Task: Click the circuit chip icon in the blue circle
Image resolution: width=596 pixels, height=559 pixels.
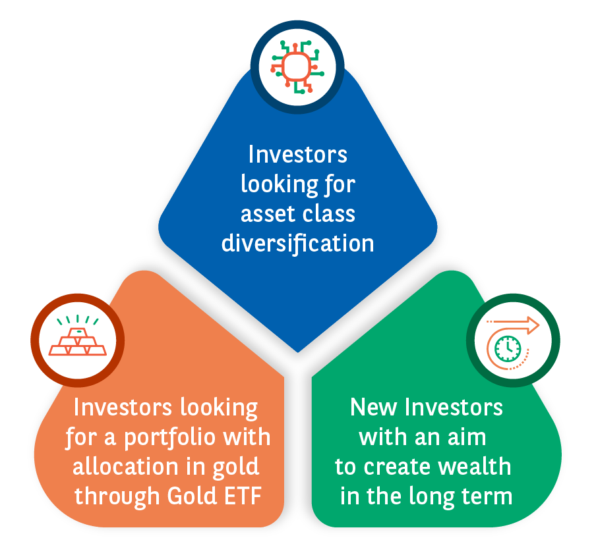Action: [297, 67]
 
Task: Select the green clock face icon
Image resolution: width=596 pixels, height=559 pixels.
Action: [507, 348]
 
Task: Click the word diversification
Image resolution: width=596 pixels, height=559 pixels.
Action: [297, 243]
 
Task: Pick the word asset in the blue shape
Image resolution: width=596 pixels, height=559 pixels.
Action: [268, 214]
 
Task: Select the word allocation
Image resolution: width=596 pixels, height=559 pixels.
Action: [125, 466]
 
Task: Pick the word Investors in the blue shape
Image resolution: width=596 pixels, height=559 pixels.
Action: [297, 155]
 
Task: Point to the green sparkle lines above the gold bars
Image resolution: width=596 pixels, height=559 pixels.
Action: [78, 320]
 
